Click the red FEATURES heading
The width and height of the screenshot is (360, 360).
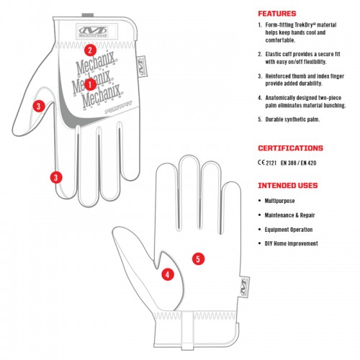[x=277, y=14]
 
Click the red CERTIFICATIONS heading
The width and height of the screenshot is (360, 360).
[x=290, y=148]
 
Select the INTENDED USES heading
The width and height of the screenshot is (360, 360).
[x=288, y=186]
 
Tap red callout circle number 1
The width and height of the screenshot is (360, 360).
[x=90, y=84]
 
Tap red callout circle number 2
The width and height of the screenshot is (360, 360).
[x=90, y=50]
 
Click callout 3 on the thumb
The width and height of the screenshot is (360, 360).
[x=39, y=106]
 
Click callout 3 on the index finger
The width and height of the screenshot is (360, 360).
[x=56, y=178]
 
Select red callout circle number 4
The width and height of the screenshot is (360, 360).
[x=168, y=274]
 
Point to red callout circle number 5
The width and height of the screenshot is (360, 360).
[x=198, y=259]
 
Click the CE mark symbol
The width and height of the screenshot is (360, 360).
[x=261, y=163]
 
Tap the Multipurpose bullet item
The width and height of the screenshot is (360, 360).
[x=279, y=201]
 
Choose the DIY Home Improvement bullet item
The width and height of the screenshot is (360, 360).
[x=291, y=243]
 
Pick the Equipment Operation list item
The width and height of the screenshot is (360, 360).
[x=289, y=230]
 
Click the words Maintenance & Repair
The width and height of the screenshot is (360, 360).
[x=289, y=215]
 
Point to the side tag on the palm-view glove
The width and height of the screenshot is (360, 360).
[x=244, y=287]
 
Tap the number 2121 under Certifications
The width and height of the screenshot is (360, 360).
[x=271, y=163]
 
